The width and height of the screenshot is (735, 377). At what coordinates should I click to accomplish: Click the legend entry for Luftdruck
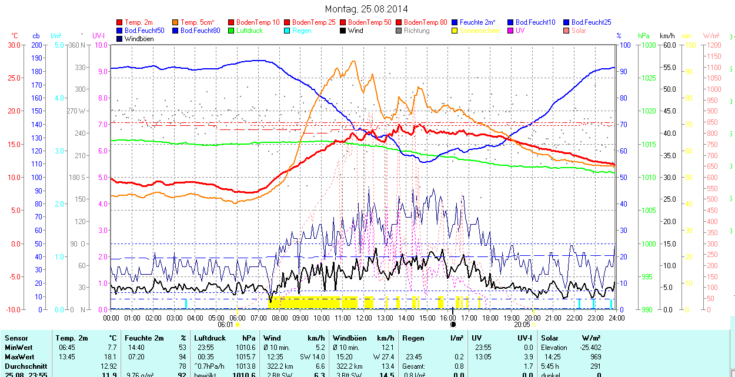coord(249,31)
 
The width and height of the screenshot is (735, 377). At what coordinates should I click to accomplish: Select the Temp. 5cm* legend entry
coord(197,22)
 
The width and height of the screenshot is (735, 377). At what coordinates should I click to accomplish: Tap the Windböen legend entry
coord(139,39)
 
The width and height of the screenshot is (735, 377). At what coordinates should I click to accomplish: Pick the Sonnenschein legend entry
coord(480,31)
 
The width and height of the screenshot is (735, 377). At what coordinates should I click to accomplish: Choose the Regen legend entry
coord(301,31)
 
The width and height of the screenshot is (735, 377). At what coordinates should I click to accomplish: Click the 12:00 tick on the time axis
coord(364,318)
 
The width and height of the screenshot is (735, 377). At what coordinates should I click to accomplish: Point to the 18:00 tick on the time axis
coord(490,318)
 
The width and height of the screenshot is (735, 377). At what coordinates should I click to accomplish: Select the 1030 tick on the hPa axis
coord(649,45)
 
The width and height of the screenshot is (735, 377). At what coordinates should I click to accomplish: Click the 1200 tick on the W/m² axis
coord(713,45)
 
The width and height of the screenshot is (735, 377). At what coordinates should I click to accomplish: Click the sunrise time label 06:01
coord(226,324)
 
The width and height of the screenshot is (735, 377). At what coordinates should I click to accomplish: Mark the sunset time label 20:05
coord(522,324)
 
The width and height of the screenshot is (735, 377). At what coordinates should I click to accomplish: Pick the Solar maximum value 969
coord(594,357)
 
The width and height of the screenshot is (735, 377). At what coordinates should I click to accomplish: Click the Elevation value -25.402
coord(589,348)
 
